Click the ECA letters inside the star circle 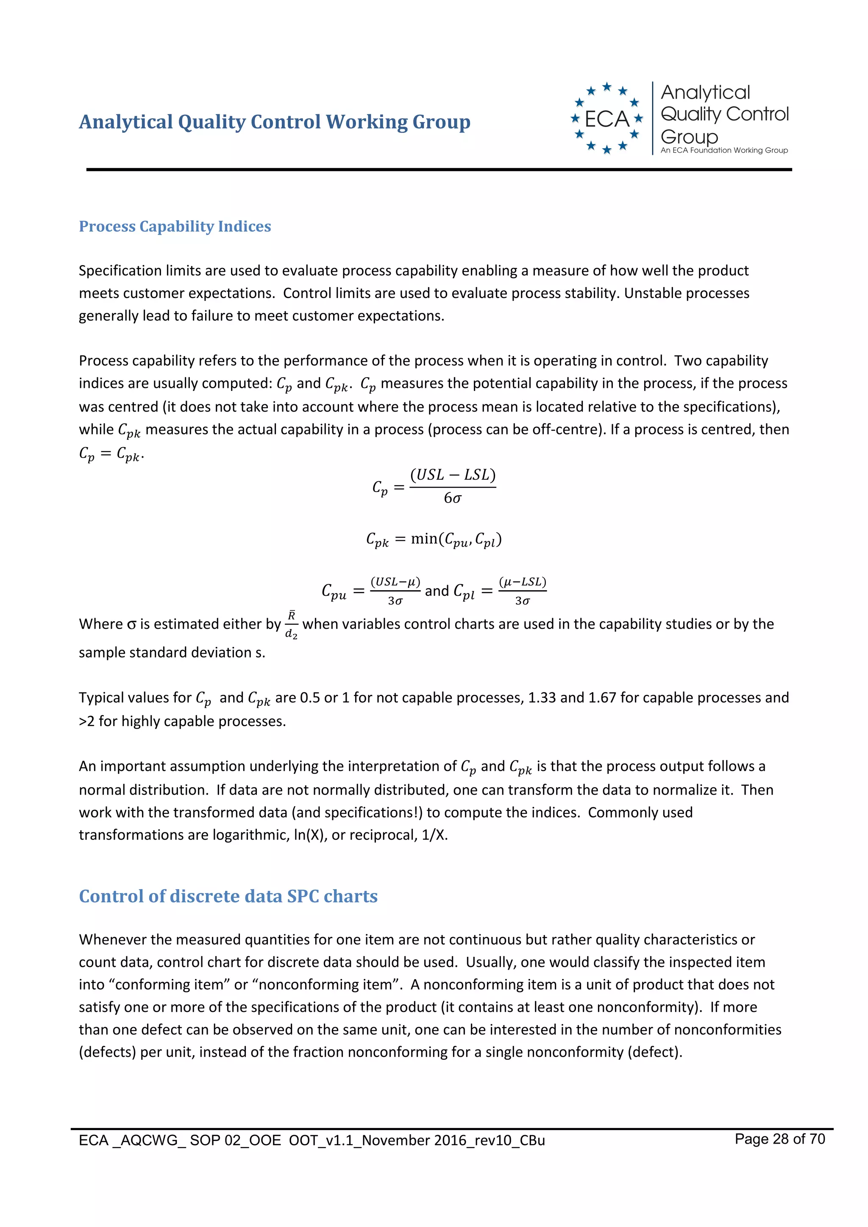click(606, 119)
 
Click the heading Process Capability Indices click(175, 226)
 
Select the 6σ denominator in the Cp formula click(453, 498)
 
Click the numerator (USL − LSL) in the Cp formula click(453, 475)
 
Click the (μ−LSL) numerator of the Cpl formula click(522, 581)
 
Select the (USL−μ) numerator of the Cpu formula click(395, 581)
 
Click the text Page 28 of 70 click(779, 1139)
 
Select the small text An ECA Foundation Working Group click(723, 151)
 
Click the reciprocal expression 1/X click(433, 835)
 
